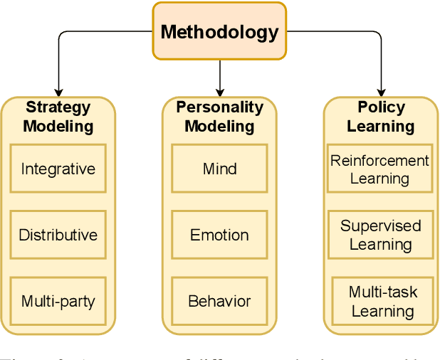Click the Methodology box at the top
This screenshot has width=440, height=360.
click(219, 31)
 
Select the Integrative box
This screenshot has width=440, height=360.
click(58, 169)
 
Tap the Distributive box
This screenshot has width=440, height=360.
click(58, 235)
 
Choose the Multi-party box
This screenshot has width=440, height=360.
click(58, 301)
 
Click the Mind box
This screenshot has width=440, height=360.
click(219, 169)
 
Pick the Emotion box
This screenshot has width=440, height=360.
click(219, 235)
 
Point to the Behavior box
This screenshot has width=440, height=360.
click(219, 301)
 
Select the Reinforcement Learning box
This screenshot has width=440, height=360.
click(379, 169)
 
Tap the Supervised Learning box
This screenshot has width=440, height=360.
click(379, 235)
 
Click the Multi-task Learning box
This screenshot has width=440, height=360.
click(382, 301)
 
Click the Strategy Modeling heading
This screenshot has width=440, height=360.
click(58, 117)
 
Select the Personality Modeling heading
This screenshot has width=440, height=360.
click(219, 117)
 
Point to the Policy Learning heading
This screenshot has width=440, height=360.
click(380, 117)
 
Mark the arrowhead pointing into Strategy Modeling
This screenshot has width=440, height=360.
click(58, 92)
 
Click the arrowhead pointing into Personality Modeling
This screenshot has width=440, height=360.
click(219, 92)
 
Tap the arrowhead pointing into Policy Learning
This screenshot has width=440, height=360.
click(380, 92)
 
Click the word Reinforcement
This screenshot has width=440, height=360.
click(379, 160)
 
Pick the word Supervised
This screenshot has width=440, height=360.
click(380, 226)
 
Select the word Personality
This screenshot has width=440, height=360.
click(219, 107)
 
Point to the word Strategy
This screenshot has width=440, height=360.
click(58, 107)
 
